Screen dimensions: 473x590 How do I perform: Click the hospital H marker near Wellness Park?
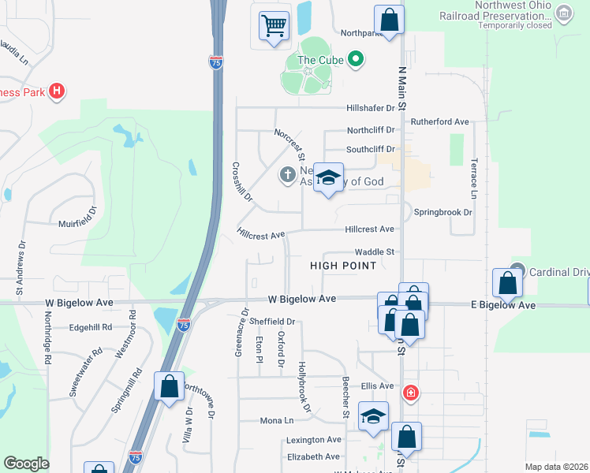coord(56,91)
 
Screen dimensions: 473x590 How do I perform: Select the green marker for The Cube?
coord(355,59)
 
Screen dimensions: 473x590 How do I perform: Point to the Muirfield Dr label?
coord(83,224)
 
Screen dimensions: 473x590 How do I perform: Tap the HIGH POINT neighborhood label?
coord(343,266)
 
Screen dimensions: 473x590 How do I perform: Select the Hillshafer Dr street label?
coord(369,109)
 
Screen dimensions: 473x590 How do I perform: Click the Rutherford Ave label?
coord(439,122)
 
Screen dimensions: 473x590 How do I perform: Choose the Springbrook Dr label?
coord(443,213)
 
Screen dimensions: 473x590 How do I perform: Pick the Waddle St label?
coord(374,251)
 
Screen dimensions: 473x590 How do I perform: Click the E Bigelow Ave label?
coord(503,305)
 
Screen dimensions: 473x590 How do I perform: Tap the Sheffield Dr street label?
coord(271,322)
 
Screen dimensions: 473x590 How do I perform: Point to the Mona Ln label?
coord(277,421)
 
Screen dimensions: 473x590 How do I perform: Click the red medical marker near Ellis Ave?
coord(410,392)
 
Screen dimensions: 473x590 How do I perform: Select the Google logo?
coord(27,464)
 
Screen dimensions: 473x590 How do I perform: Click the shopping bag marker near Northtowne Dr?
coord(169,386)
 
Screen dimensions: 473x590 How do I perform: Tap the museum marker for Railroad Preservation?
coord(563,13)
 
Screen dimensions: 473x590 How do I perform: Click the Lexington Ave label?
coord(314,439)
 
